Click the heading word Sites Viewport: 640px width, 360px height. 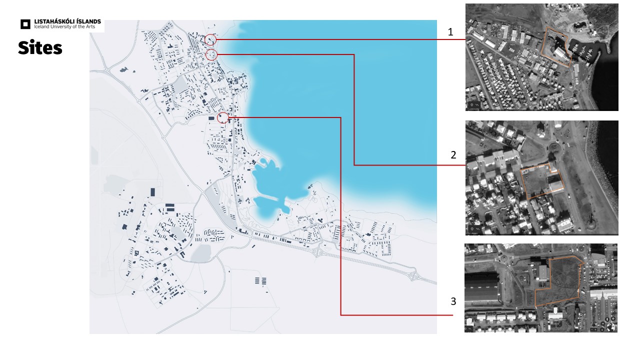[40, 47]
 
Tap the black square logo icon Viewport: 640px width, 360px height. [25, 23]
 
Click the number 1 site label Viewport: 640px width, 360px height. [450, 32]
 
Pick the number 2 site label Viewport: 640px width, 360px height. [453, 155]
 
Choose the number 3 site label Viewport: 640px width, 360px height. [453, 301]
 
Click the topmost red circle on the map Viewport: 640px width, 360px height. [211, 39]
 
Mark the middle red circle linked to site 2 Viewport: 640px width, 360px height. [211, 54]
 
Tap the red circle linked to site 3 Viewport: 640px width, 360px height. [223, 117]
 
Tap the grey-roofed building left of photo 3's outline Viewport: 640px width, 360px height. [542, 272]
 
